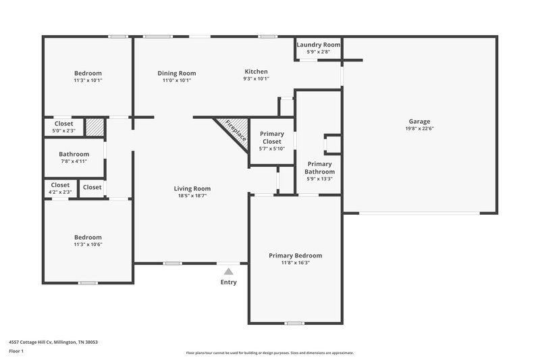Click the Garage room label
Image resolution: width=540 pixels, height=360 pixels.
click(x=418, y=122)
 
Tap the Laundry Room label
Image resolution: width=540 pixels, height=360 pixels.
click(x=319, y=45)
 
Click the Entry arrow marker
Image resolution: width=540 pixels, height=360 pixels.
click(x=228, y=271)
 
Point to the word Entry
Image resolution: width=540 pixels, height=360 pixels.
click(x=228, y=282)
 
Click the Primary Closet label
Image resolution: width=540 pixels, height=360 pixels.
click(x=272, y=137)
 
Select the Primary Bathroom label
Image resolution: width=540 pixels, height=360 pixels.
click(x=320, y=168)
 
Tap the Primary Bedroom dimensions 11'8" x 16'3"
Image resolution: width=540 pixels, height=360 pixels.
click(x=295, y=263)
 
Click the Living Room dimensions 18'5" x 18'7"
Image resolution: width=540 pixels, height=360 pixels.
click(x=192, y=196)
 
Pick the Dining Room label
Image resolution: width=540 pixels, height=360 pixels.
click(x=177, y=73)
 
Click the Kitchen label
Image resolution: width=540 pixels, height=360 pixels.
click(x=256, y=72)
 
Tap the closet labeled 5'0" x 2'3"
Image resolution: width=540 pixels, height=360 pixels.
click(x=63, y=130)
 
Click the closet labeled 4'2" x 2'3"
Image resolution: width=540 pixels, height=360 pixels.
click(x=60, y=192)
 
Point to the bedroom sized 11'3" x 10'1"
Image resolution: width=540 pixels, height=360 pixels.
click(x=88, y=76)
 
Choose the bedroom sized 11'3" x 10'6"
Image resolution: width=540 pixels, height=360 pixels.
click(x=88, y=241)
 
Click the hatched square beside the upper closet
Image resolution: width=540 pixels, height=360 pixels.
click(x=95, y=126)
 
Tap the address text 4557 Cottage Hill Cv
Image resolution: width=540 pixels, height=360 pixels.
click(x=53, y=342)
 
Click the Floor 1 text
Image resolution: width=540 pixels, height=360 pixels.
click(x=16, y=352)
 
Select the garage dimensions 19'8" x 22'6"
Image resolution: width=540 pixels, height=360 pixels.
click(x=418, y=128)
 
